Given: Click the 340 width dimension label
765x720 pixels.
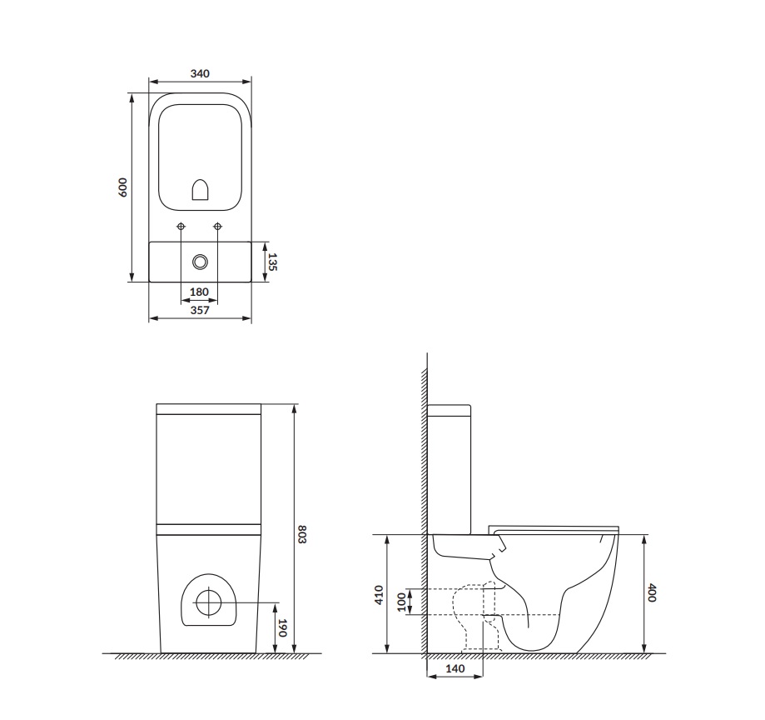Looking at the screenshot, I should tap(200, 73).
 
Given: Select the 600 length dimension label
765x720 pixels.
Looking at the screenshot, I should tap(123, 187).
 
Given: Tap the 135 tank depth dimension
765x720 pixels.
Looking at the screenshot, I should tap(272, 262).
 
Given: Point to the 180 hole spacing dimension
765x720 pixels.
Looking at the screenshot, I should tap(200, 292).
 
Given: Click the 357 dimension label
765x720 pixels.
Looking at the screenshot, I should tap(200, 310).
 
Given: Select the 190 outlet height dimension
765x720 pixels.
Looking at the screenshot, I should tap(282, 628).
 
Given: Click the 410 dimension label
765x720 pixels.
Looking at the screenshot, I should tap(379, 594).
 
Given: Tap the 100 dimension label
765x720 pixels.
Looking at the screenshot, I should tap(402, 602).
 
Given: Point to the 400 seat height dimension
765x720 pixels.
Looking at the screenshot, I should tap(653, 594).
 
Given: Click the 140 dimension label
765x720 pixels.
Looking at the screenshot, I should tap(455, 669).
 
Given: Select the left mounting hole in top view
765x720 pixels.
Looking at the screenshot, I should tap(181, 227).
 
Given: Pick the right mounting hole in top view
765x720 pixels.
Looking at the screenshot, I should tap(218, 227).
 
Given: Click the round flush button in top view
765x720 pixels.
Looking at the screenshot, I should tap(200, 262).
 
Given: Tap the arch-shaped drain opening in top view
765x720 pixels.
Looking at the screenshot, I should tap(201, 192).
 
